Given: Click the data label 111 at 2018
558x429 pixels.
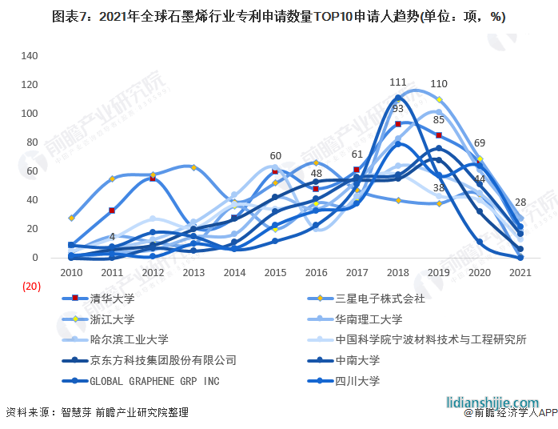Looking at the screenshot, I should [398, 82].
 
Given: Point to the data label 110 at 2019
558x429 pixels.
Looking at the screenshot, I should [438, 83].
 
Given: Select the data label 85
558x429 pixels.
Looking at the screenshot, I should [438, 120].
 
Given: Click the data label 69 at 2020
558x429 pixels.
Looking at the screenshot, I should [480, 142].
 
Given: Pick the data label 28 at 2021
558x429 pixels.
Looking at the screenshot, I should [520, 202].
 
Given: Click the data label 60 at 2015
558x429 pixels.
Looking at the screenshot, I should [275, 155].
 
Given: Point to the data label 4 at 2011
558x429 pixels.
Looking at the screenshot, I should [113, 237].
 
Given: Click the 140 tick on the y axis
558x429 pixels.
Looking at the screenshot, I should [30, 56].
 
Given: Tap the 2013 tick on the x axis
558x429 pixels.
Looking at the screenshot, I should [194, 273].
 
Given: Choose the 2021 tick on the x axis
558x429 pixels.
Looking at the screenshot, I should [520, 273].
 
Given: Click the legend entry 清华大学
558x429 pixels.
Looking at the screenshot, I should [108, 299].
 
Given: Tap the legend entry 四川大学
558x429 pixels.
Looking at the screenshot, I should [348, 381].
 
